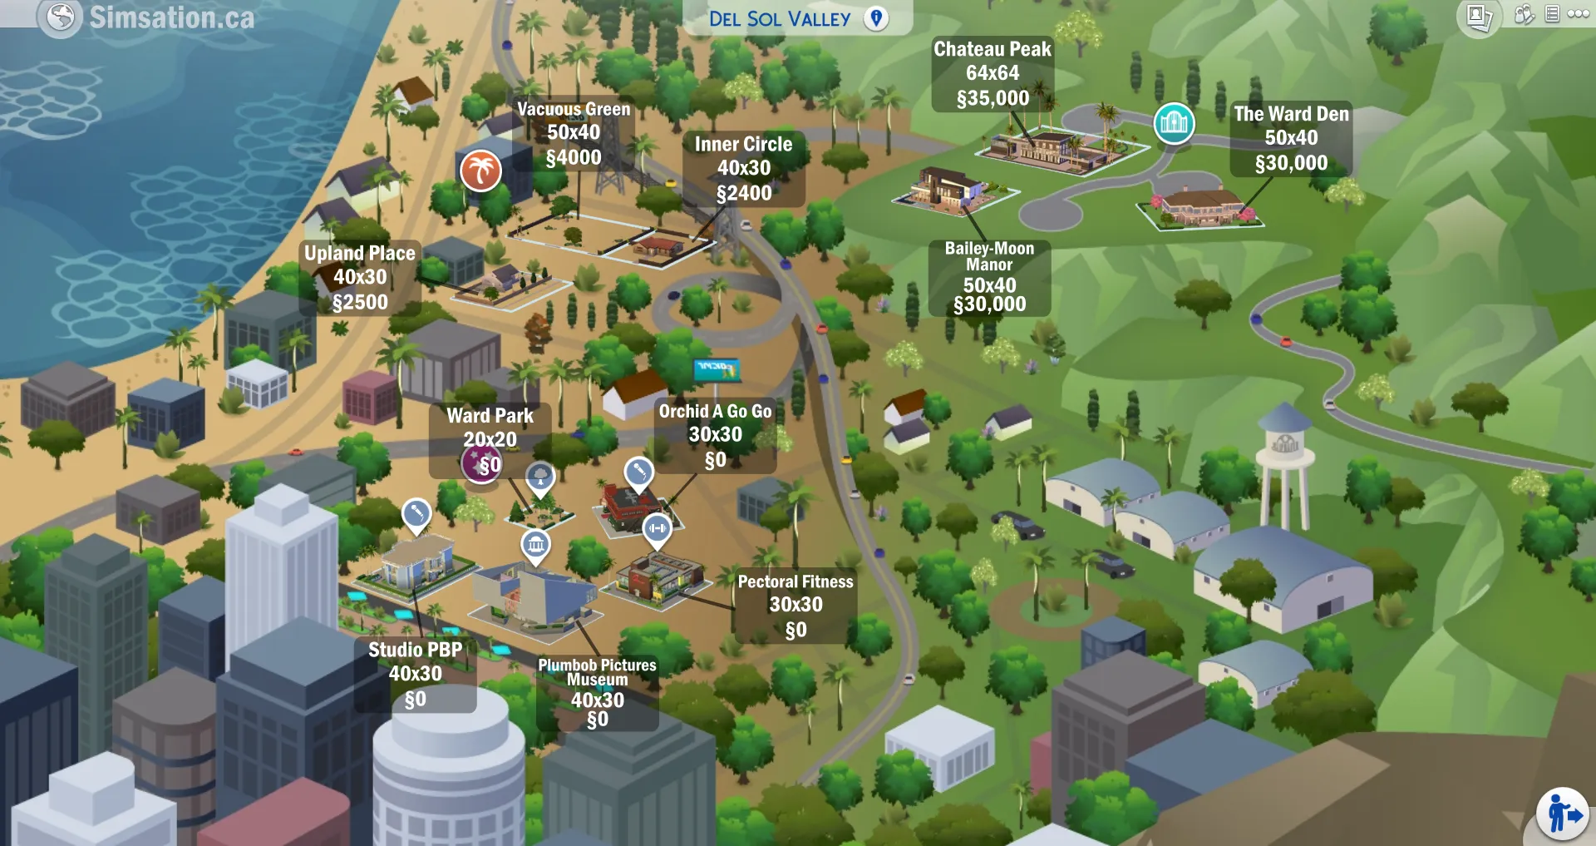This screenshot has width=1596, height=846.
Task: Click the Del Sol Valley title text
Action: pos(779,19)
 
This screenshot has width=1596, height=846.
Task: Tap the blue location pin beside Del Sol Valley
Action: pos(876,18)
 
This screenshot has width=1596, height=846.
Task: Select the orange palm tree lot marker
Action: pos(480,171)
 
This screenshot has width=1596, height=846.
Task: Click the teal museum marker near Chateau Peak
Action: pos(1174,123)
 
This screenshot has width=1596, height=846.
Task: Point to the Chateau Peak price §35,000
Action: pos(993,99)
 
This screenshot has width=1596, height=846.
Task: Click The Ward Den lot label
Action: pos(1291,114)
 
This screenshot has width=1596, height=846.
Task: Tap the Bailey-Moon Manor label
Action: pos(989,256)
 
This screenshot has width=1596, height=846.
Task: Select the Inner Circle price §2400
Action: pos(744,194)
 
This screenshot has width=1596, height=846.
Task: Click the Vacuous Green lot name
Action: pos(574,109)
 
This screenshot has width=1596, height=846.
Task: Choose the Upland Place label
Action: pos(360,253)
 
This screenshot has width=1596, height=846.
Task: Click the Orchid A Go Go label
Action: pos(715,411)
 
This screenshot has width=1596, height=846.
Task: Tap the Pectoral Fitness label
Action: pos(796,581)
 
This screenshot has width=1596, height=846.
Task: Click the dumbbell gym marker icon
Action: pos(657,527)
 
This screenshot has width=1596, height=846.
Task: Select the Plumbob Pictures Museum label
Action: pos(597,672)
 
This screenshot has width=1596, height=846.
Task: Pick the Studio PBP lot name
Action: pos(415,650)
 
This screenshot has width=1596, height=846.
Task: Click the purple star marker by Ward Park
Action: pos(480,463)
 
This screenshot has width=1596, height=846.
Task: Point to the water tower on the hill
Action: pos(1284,466)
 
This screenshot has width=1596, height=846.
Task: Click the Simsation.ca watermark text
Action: pos(171,17)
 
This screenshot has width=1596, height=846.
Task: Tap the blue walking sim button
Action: pos(1562,814)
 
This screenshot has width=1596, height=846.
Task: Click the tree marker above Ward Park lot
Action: pos(540,477)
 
